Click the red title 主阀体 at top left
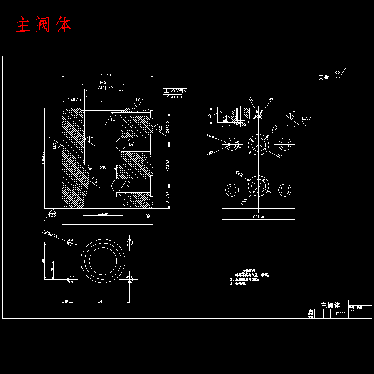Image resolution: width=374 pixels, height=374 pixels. (x=44, y=25)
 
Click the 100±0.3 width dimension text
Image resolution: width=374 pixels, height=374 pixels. (x=107, y=75)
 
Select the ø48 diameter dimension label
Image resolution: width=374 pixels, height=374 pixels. (x=103, y=82)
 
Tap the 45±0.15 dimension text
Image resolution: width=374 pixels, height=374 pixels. (x=74, y=99)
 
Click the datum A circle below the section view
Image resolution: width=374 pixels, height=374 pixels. (x=148, y=215)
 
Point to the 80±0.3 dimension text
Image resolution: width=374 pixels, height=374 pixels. (x=258, y=217)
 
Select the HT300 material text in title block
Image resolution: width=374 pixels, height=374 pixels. (x=340, y=314)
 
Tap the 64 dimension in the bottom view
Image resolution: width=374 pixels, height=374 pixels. (x=100, y=300)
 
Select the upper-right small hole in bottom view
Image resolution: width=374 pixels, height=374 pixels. (x=129, y=242)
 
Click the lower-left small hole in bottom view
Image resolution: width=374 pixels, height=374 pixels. (x=71, y=279)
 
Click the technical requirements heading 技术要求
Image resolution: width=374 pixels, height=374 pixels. (x=249, y=271)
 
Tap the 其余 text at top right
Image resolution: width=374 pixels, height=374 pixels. (x=323, y=77)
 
